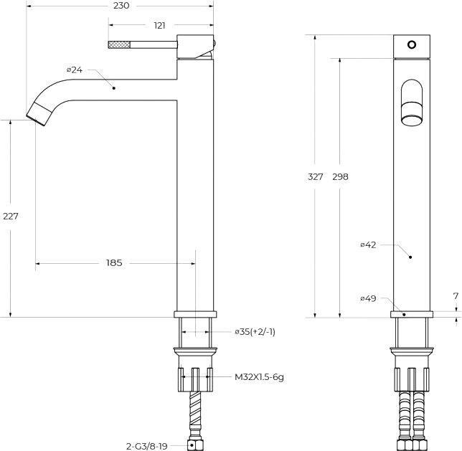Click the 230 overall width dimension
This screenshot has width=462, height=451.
[121, 6]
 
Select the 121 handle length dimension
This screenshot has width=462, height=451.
[159, 26]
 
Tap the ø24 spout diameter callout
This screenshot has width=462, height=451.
[75, 70]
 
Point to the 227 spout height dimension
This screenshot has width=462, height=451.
[11, 217]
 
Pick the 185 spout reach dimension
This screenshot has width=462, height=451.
[114, 262]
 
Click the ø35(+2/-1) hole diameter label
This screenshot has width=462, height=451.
[255, 332]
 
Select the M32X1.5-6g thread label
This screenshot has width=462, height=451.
[259, 376]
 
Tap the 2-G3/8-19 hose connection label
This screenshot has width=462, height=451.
[147, 446]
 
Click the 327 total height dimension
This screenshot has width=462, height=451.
[315, 177]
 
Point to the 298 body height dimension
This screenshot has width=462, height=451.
[340, 177]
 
